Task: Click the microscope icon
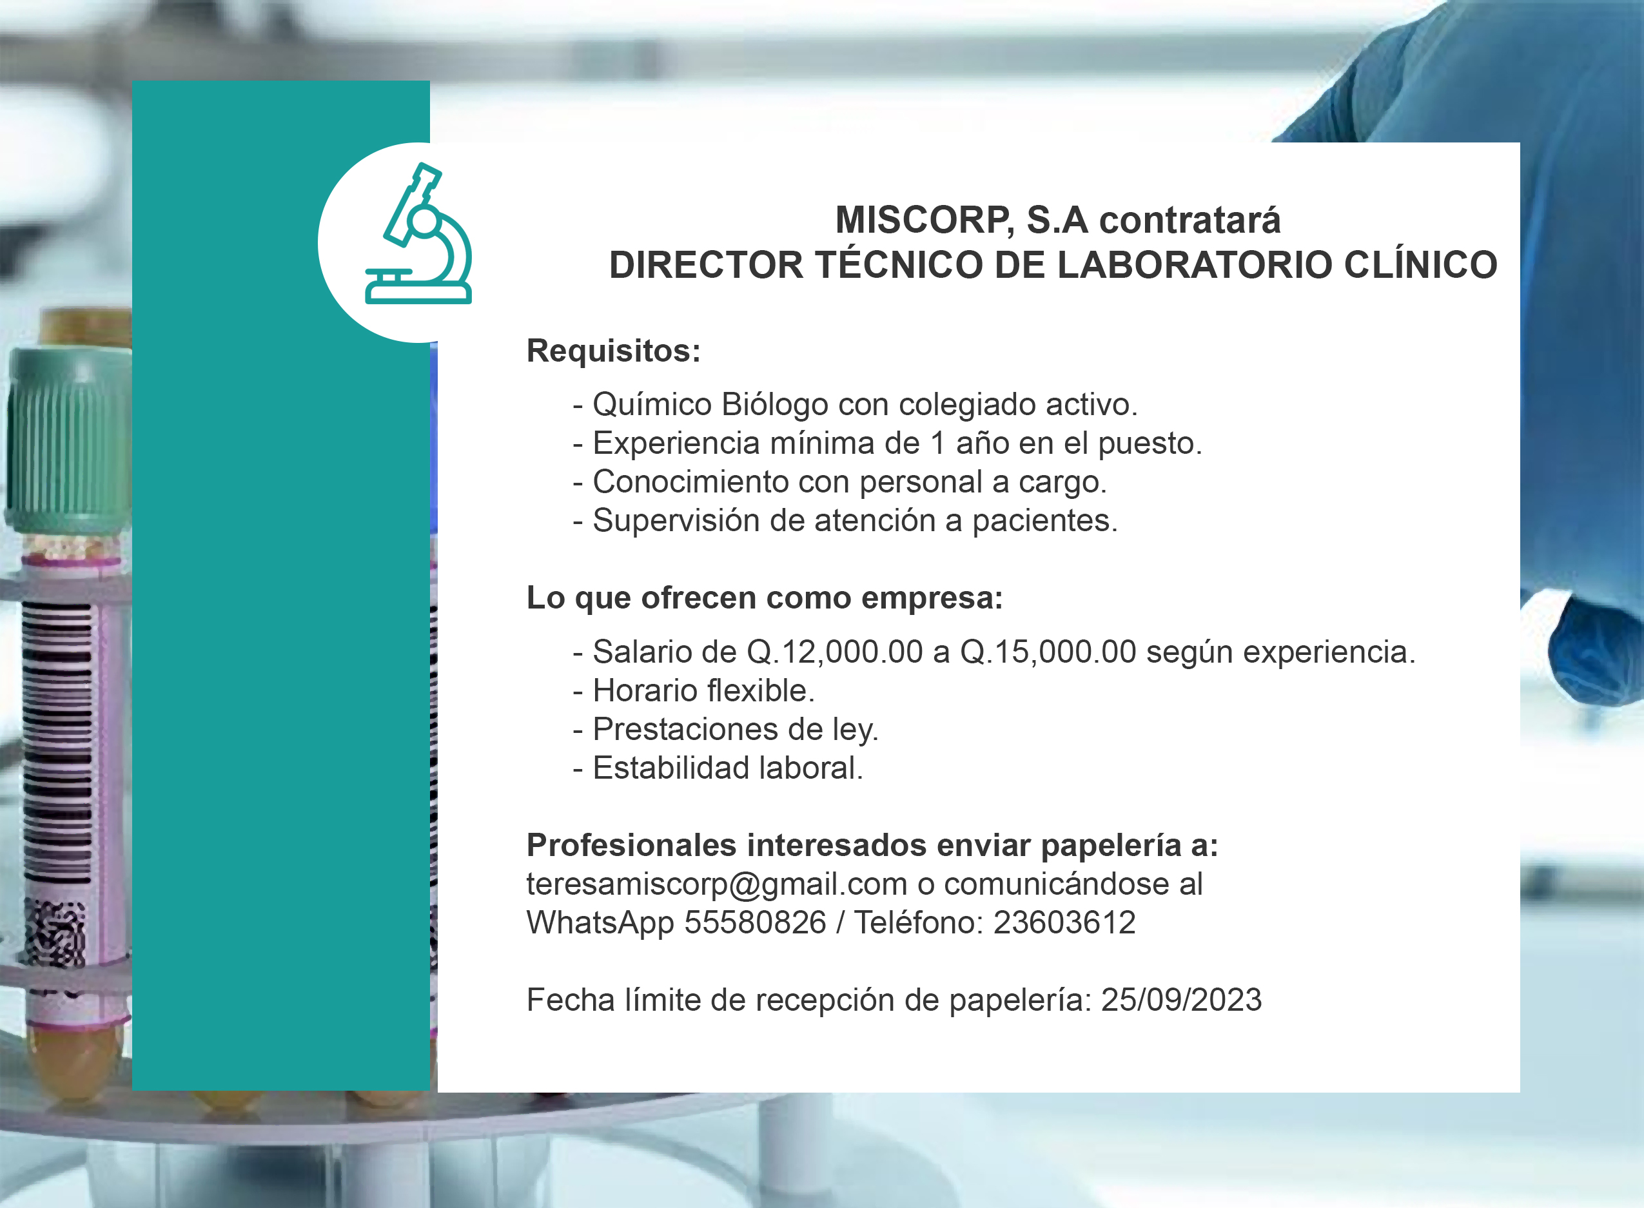(x=419, y=234)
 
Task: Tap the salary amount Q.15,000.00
(x=1048, y=652)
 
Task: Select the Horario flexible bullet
(x=693, y=691)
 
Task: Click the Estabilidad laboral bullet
(x=718, y=768)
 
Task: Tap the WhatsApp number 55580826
(x=755, y=923)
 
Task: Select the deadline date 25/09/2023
(x=1182, y=1000)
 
